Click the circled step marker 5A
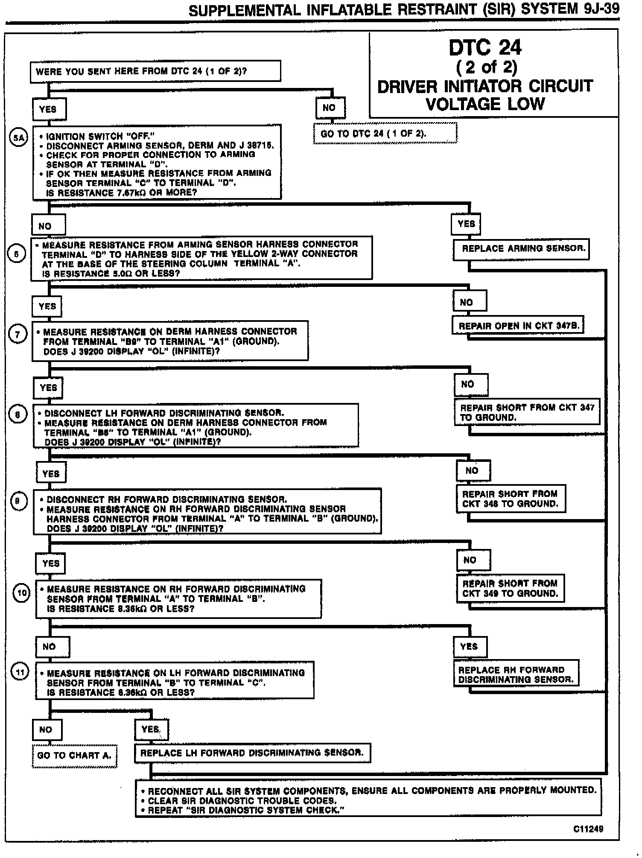18,137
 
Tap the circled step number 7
18,334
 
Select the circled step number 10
21,593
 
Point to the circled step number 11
20,671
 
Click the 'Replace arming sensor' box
521,249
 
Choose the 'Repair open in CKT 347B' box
518,326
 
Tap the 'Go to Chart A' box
74,755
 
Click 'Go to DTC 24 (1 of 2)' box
385,133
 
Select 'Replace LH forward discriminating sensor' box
252,753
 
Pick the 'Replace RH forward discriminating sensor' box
516,674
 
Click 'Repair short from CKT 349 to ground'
510,588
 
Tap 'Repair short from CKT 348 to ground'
510,499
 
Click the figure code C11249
588,829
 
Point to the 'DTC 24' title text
485,47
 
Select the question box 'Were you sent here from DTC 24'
155,71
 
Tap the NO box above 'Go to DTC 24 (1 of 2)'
330,108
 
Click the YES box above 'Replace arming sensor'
466,224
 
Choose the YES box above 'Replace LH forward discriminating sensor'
152,730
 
